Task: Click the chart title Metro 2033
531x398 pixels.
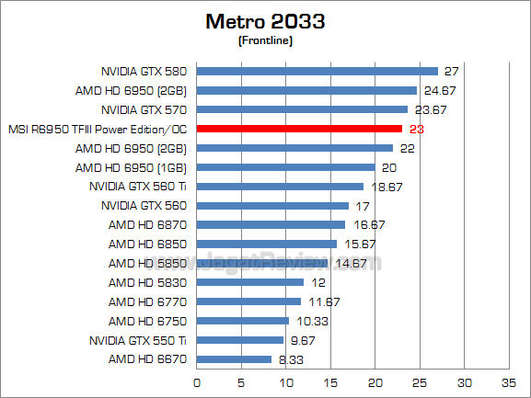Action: (x=265, y=20)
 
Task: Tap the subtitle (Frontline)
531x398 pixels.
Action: (x=265, y=40)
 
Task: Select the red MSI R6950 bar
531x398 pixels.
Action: (x=299, y=129)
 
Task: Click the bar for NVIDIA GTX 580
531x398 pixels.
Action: (x=317, y=71)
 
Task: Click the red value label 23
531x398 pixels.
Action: (x=417, y=130)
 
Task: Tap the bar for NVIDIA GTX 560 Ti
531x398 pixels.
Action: (x=280, y=187)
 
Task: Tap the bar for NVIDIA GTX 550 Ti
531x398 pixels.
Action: (x=240, y=339)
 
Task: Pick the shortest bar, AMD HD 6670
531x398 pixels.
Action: (x=234, y=358)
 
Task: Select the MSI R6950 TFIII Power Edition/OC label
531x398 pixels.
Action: (x=97, y=130)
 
